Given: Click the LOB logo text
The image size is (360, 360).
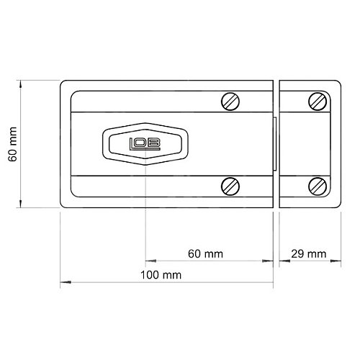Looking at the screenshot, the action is coord(145,144).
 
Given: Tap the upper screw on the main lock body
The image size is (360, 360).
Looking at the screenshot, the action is coord(230,102).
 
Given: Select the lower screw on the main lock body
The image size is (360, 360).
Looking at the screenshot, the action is coord(230,186).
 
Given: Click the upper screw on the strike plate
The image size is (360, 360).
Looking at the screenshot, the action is coord(318,102).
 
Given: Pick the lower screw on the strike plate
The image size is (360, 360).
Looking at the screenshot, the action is coord(318,186).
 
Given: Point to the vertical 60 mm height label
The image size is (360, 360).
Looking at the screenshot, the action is coord(12,144).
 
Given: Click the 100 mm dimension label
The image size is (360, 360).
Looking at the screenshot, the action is coord(161,275).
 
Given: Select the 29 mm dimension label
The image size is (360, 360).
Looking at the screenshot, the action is coord(309,254).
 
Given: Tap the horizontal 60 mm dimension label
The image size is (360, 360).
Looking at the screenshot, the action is coord(205,254).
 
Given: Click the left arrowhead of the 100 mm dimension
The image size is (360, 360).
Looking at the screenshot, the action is coord(66,282).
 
